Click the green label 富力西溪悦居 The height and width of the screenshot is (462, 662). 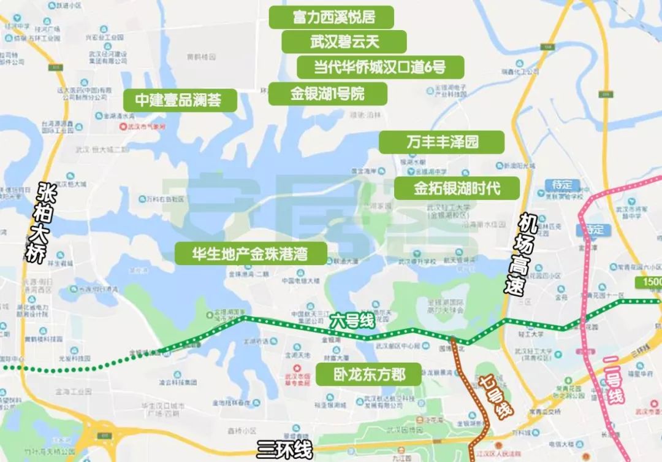[330, 17]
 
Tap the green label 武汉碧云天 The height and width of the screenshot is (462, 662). [344, 42]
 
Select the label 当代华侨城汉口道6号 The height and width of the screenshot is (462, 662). [380, 66]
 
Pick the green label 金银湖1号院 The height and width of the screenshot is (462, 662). [327, 94]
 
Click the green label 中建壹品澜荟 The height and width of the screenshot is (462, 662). [180, 100]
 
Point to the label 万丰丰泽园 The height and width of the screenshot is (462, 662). [441, 142]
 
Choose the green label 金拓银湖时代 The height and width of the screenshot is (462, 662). [457, 188]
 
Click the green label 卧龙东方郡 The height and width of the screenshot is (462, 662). [369, 374]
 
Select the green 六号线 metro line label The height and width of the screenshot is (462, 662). [351, 321]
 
